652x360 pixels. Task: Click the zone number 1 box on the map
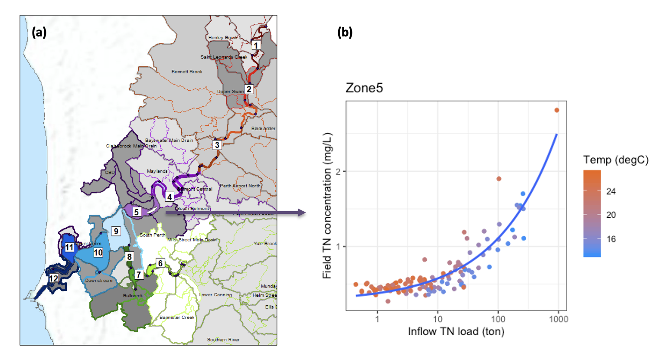click(x=256, y=45)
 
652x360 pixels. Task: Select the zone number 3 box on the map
click(x=217, y=145)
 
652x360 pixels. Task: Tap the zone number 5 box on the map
click(x=137, y=212)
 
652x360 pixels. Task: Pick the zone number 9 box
click(x=116, y=231)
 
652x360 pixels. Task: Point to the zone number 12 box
click(x=53, y=278)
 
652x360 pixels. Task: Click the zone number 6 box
click(x=160, y=263)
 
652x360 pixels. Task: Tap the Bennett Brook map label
click(x=187, y=72)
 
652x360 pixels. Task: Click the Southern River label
click(x=223, y=340)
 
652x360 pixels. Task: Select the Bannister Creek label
click(x=177, y=317)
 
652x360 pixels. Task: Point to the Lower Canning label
click(x=215, y=295)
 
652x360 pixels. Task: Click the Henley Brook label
click(x=223, y=38)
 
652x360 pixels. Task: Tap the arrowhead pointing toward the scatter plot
click(x=302, y=213)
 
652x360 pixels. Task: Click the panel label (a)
click(x=39, y=32)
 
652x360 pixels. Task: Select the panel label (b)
click(x=345, y=32)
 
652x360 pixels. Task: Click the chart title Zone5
click(x=364, y=88)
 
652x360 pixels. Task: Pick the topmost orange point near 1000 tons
click(x=557, y=110)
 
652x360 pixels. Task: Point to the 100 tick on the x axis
click(x=498, y=319)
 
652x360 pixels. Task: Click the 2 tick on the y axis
click(x=339, y=171)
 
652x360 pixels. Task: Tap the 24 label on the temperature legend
click(x=611, y=191)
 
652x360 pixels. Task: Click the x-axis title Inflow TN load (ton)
click(x=456, y=332)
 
